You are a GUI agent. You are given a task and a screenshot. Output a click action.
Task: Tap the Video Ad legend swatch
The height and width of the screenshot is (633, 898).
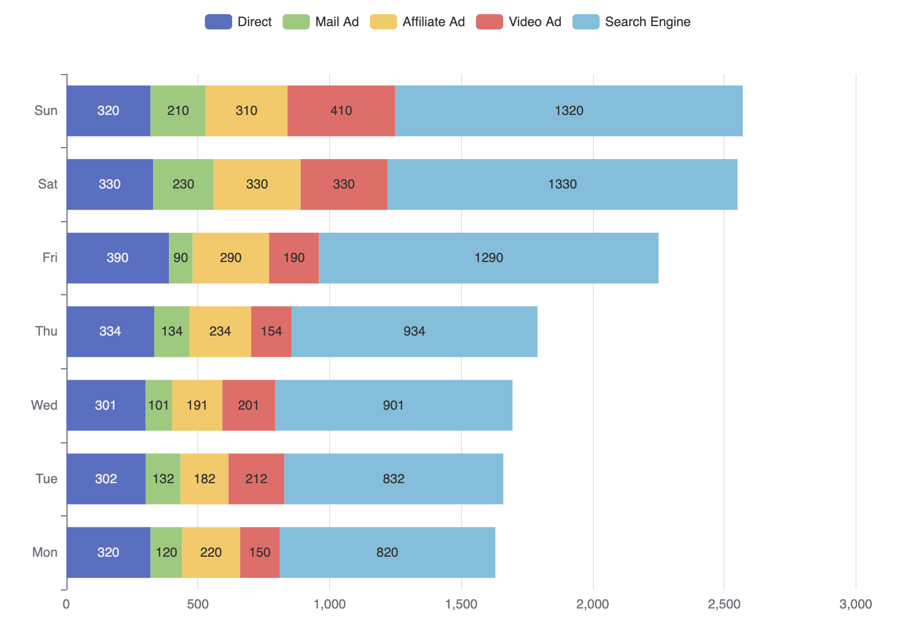(489, 22)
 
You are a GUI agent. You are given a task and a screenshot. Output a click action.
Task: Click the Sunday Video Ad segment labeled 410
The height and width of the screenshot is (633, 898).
(341, 111)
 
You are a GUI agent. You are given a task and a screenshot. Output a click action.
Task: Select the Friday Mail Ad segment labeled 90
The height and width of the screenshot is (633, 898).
(180, 258)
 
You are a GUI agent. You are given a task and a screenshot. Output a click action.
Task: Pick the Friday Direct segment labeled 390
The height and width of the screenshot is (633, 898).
(118, 258)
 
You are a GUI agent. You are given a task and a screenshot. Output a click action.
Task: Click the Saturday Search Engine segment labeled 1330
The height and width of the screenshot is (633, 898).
(562, 184)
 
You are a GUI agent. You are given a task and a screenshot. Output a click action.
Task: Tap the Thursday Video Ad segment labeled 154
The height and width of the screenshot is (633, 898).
(271, 331)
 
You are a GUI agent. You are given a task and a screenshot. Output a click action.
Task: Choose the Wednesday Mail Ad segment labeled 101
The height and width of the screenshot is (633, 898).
(159, 405)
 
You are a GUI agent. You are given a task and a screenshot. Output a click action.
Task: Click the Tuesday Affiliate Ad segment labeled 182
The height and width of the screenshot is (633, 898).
(204, 479)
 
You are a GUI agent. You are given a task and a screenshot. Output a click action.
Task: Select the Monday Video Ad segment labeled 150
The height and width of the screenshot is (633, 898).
(259, 552)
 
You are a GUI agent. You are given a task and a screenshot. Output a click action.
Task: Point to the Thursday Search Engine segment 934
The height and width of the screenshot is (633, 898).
(414, 331)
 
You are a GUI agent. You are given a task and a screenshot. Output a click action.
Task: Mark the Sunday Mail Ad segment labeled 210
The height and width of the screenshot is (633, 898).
(178, 111)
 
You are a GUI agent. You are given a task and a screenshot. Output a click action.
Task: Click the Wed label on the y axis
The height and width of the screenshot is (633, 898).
(44, 405)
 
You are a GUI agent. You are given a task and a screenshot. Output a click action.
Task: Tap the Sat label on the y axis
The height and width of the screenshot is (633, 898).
(47, 184)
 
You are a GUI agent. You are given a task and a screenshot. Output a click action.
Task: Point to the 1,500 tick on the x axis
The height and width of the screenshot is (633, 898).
(461, 604)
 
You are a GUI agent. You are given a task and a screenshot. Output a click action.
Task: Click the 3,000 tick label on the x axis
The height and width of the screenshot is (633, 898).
(855, 604)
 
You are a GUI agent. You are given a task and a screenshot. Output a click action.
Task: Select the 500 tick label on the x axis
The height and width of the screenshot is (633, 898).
(198, 604)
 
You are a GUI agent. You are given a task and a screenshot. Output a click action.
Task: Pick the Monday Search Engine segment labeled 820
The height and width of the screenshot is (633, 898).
(387, 552)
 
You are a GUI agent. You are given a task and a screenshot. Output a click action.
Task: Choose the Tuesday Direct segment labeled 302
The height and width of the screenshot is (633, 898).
(106, 479)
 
